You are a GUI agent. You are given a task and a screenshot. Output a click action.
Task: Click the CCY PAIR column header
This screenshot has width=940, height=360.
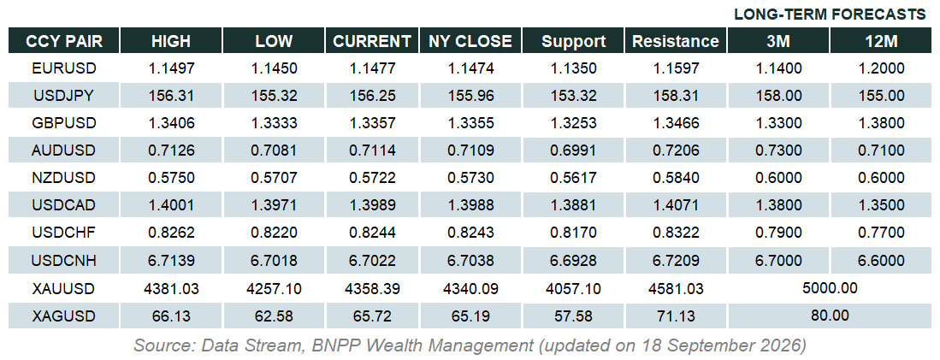(x=64, y=41)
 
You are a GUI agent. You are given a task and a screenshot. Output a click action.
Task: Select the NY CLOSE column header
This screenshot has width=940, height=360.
(x=470, y=41)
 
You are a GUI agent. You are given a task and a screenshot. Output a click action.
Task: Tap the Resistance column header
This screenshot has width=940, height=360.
(x=676, y=41)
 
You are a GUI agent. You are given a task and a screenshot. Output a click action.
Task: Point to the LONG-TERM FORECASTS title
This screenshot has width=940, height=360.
(x=831, y=15)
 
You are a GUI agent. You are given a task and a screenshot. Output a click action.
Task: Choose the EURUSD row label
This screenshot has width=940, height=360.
(x=64, y=68)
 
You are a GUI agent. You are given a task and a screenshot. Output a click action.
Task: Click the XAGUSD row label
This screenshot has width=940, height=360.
(x=64, y=316)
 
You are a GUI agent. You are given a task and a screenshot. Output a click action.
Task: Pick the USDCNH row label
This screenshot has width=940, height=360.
(x=64, y=261)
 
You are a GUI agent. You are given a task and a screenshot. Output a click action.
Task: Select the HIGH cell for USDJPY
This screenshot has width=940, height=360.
(x=171, y=96)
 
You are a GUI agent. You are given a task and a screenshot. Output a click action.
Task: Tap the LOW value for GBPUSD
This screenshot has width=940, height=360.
(x=274, y=123)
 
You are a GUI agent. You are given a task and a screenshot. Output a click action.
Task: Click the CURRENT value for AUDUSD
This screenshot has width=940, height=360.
(x=373, y=151)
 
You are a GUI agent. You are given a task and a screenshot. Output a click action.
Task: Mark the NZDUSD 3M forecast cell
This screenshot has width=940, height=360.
(x=778, y=178)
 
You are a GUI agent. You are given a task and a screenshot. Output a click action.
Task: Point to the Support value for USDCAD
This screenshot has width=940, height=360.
(x=574, y=205)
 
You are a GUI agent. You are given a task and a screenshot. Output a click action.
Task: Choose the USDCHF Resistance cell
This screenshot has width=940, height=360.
(x=677, y=233)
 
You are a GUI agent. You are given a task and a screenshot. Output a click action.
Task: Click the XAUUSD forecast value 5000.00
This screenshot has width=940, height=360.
(x=831, y=288)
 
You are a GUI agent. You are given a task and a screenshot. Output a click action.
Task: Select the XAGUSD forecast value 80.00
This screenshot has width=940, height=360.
(x=831, y=315)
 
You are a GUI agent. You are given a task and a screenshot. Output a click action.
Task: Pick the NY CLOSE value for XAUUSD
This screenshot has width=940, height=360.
(x=470, y=289)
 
